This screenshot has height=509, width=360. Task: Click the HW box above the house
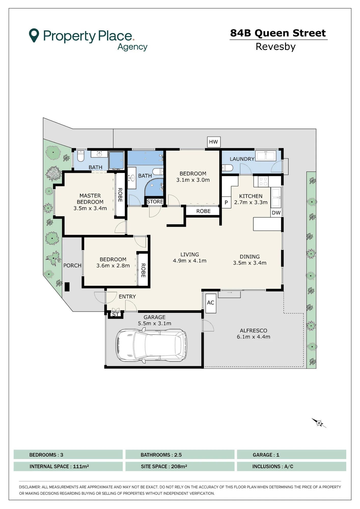pyautogui.click(x=214, y=142)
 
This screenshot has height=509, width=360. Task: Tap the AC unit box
pyautogui.click(x=211, y=303)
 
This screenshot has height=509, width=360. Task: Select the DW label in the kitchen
pyautogui.click(x=276, y=213)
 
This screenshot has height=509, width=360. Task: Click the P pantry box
pyautogui.click(x=226, y=203)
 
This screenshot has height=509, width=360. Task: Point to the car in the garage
pyautogui.click(x=151, y=345)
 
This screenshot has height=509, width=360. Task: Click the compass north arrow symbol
pyautogui.click(x=319, y=423)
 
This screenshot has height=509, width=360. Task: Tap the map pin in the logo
pyautogui.click(x=34, y=35)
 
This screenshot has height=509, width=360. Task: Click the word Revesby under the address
pyautogui.click(x=275, y=47)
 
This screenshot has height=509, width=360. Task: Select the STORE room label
pyautogui.click(x=155, y=202)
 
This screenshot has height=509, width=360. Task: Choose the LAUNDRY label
pyautogui.click(x=242, y=159)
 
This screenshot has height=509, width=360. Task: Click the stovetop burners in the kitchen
pyautogui.click(x=263, y=181)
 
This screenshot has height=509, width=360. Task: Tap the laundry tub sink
pyautogui.click(x=266, y=156)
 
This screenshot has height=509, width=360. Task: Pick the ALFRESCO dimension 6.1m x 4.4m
pyautogui.click(x=254, y=337)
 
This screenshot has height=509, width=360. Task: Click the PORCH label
pyautogui.click(x=72, y=265)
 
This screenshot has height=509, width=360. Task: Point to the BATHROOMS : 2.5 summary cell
pyautogui.click(x=180, y=455)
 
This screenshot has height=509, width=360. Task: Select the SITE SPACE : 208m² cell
pyautogui.click(x=180, y=466)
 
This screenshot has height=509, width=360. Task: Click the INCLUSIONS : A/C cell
pyautogui.click(x=292, y=466)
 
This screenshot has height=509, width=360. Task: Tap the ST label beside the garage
pyautogui.click(x=115, y=315)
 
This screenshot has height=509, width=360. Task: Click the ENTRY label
pyautogui.click(x=127, y=296)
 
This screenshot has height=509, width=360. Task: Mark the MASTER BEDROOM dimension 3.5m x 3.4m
pyautogui.click(x=90, y=208)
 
